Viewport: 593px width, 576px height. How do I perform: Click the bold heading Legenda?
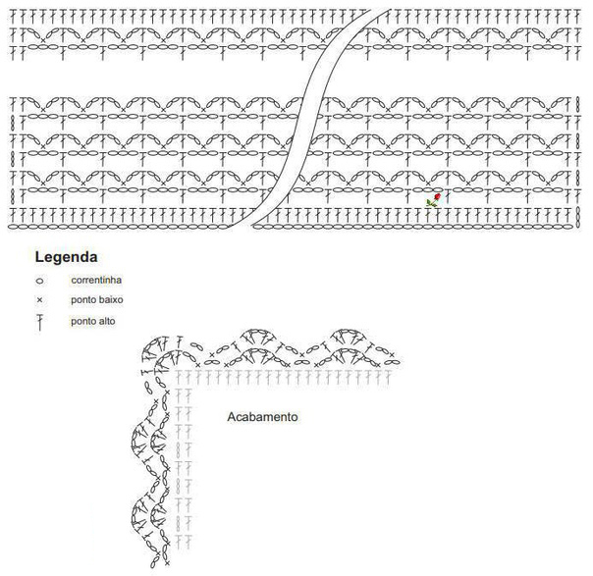66,258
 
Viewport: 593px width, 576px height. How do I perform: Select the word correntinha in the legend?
95,281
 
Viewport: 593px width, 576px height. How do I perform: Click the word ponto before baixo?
83,300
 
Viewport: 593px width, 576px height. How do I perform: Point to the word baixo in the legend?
109,300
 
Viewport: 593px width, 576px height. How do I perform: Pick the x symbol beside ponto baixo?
39,300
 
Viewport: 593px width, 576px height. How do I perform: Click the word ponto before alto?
83,321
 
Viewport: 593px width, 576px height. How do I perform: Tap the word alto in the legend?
106,321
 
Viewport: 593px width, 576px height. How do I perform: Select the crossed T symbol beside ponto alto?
39,321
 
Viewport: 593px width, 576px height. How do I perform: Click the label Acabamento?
262,416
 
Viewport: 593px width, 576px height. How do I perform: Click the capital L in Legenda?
39,258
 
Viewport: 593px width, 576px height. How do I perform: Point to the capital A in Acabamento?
231,416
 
